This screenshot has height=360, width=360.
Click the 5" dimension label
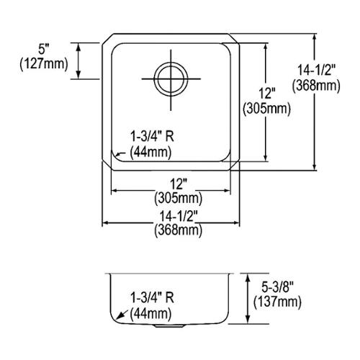[x=44, y=50]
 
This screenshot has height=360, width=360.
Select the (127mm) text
[x=44, y=64]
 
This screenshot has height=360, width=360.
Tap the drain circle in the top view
[x=171, y=79]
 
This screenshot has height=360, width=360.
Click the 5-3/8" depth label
[x=277, y=287]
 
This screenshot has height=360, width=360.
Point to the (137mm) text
[x=277, y=302]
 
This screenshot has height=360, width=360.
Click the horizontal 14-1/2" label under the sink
[x=179, y=217]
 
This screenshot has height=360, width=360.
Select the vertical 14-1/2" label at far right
[x=316, y=71]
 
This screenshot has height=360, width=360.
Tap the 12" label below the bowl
[x=179, y=184]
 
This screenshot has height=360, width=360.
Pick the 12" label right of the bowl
[x=266, y=93]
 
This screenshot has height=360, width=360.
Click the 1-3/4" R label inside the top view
[x=152, y=137]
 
